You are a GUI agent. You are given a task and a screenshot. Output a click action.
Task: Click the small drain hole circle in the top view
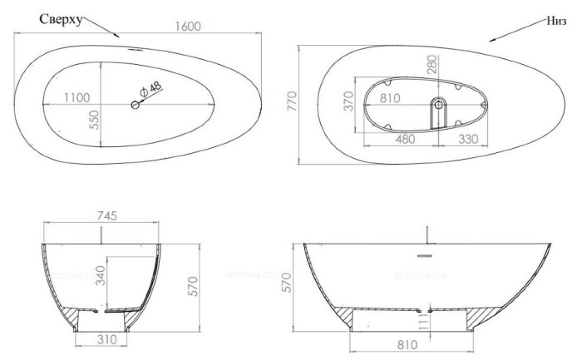tap(135, 104)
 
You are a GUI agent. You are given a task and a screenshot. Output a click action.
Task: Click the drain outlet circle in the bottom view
tap(439, 105)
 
